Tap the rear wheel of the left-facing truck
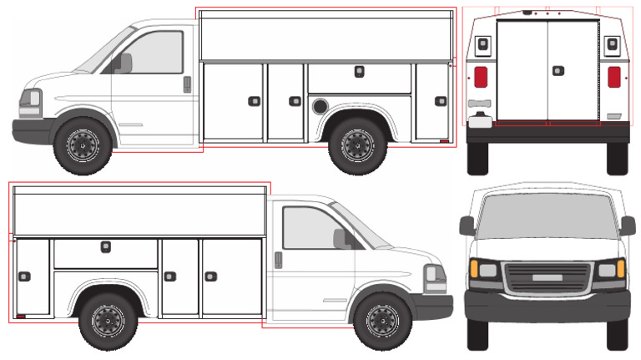tap(358, 146)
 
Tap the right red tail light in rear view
tap(613, 77)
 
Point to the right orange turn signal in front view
tap(621, 269)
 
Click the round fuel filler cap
tap(319, 106)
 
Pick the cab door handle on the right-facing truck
tap(278, 260)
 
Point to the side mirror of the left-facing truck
tap(124, 63)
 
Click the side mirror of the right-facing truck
tap(341, 239)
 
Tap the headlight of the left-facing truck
tap(33, 100)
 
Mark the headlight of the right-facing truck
tap(433, 275)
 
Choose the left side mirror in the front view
tap(467, 226)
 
